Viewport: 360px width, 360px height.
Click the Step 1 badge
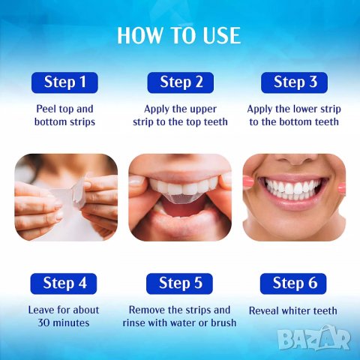(x=65, y=82)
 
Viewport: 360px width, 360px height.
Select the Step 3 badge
(x=295, y=82)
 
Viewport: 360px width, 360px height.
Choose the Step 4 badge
(x=65, y=283)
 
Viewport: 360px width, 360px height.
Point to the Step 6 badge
(x=295, y=283)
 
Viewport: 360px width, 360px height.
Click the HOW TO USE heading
(x=178, y=34)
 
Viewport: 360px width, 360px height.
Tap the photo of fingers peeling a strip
(x=66, y=197)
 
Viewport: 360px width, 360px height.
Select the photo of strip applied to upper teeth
(x=180, y=197)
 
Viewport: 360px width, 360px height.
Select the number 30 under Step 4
(x=43, y=323)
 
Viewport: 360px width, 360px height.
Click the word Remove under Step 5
(x=147, y=310)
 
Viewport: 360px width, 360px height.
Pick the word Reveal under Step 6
(x=266, y=310)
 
